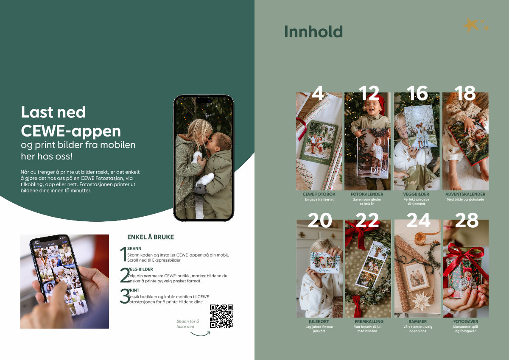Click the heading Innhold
(313, 31)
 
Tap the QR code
(221, 316)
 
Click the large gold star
(470, 25)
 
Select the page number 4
(318, 93)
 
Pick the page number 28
(467, 220)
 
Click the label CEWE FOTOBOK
(319, 194)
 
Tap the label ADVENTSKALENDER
(465, 194)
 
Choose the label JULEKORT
(319, 321)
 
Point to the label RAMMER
(418, 321)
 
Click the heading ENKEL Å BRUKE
(151, 237)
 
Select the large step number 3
(125, 296)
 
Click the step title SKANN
(134, 248)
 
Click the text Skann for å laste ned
(187, 324)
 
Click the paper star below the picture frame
(421, 301)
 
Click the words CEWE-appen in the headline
(71, 131)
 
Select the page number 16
(417, 93)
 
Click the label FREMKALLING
(369, 321)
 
